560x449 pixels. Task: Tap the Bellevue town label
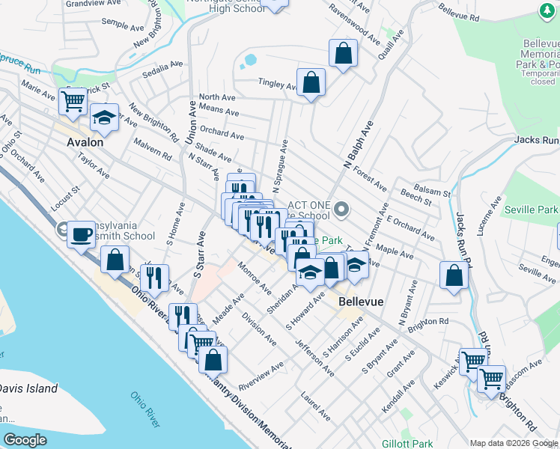[361, 302]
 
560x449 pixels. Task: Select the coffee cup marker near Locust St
[80, 234]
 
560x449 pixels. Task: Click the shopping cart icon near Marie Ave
[73, 100]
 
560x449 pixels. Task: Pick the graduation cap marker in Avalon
[104, 117]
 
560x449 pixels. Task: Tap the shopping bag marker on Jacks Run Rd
[454, 275]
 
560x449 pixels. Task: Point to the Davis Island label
[28, 388]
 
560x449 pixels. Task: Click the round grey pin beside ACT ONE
[342, 210]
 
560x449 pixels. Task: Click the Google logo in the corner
[25, 440]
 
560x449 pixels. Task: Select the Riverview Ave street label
[261, 376]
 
